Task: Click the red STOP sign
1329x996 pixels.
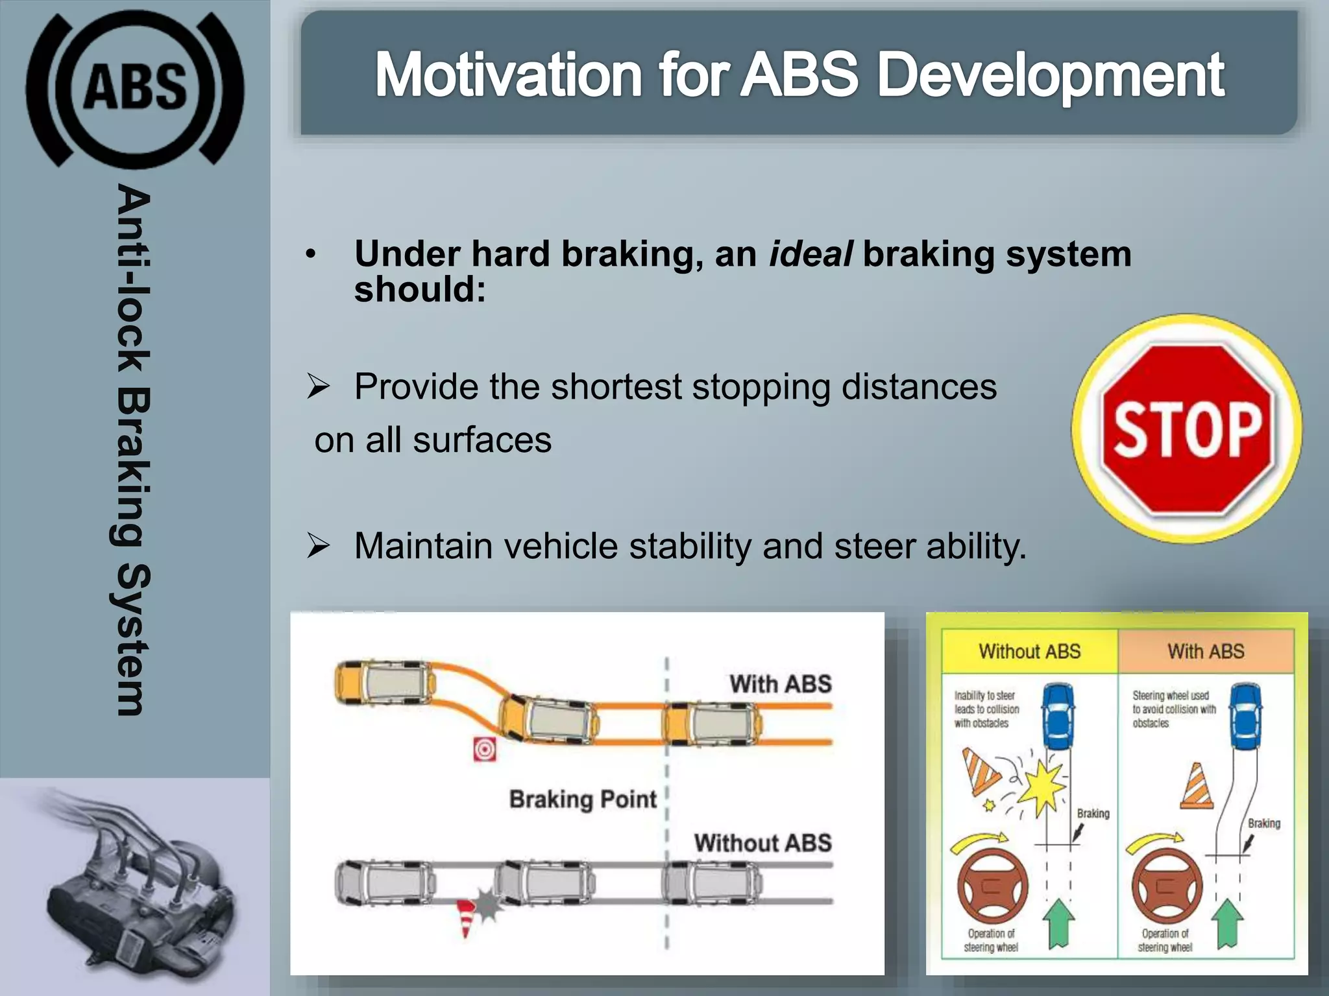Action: tap(1186, 429)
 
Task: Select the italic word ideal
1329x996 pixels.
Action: tap(810, 254)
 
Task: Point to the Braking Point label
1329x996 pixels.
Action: tap(582, 799)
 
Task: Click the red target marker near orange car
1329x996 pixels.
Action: tap(485, 750)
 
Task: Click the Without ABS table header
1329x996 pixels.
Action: tap(1029, 651)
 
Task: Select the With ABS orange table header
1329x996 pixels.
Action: tap(1206, 651)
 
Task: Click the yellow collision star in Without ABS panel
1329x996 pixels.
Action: tap(1043, 787)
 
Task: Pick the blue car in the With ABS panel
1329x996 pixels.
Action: tap(1246, 716)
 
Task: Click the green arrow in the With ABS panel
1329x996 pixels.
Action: tap(1226, 923)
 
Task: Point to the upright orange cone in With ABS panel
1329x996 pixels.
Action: tap(1197, 786)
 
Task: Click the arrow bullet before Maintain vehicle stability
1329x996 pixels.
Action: tap(319, 546)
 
